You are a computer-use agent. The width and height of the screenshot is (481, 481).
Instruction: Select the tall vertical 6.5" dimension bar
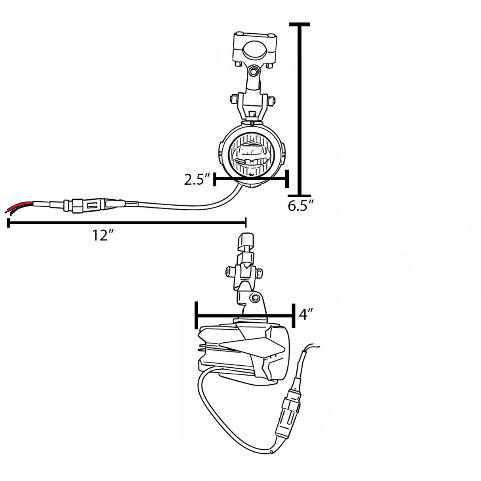coord(300,111)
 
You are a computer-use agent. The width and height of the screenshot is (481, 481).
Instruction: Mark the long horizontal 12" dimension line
coord(127,223)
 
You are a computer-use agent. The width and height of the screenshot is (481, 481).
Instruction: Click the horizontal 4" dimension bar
coord(245,316)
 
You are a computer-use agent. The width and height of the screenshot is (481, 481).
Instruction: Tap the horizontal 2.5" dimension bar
coord(250,179)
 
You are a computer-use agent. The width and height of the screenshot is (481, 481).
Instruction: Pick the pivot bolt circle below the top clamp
coord(254,72)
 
